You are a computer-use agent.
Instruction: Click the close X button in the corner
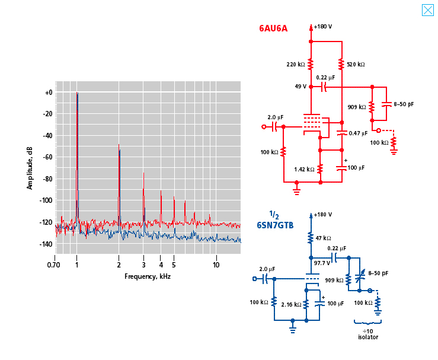click(427, 10)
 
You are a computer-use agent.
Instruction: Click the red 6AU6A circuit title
click(273, 27)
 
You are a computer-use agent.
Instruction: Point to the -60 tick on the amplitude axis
click(46, 157)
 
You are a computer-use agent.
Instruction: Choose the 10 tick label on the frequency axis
click(216, 265)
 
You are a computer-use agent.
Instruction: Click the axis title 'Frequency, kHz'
click(148, 276)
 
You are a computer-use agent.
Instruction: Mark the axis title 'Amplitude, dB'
click(30, 167)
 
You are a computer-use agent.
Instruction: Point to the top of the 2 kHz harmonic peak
click(119, 145)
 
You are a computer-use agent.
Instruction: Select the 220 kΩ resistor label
click(295, 64)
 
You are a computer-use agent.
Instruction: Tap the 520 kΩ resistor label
click(356, 64)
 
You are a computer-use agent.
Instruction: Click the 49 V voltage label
click(300, 87)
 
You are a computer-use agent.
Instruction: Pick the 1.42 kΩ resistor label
click(304, 169)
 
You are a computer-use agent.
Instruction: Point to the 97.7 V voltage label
click(322, 262)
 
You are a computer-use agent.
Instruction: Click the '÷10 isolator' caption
click(367, 334)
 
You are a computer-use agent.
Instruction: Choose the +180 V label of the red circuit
click(323, 27)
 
